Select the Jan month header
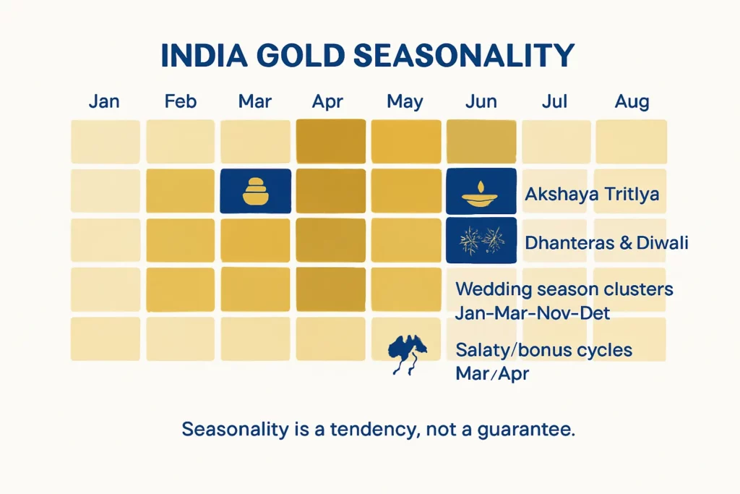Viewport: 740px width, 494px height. (x=104, y=101)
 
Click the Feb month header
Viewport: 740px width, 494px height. (x=180, y=101)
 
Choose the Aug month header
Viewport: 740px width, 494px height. (x=632, y=101)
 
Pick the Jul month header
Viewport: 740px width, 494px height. (x=554, y=101)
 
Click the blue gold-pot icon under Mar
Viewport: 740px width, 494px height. (x=255, y=191)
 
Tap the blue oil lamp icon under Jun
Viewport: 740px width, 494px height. (x=481, y=191)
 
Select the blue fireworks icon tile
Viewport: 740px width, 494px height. (x=481, y=239)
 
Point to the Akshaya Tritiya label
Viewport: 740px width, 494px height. (x=592, y=194)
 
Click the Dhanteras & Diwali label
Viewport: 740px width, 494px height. (x=606, y=242)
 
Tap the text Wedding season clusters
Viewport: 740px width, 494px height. (x=564, y=289)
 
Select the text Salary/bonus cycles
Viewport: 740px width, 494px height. (x=543, y=351)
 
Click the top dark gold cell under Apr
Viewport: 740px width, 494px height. (x=330, y=141)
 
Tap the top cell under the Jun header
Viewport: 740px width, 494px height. (x=481, y=141)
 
